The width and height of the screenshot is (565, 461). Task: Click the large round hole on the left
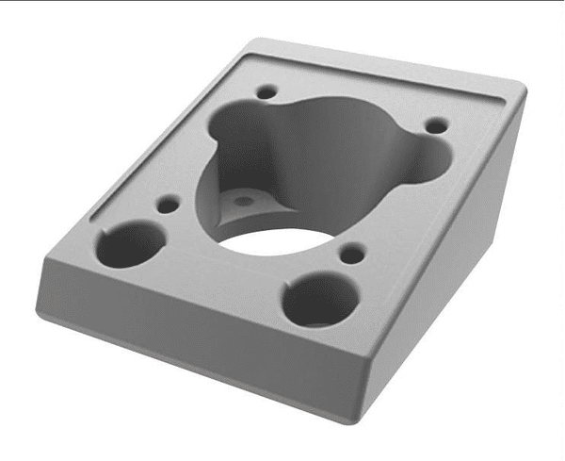coord(129,243)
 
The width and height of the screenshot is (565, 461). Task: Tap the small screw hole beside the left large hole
coord(169,203)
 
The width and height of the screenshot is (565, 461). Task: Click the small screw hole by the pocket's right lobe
coord(435,124)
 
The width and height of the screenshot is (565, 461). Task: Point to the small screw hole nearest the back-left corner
coord(267,92)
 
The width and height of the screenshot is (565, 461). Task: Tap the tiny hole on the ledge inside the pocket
coord(244,201)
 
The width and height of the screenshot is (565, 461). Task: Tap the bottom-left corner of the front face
coord(42,311)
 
